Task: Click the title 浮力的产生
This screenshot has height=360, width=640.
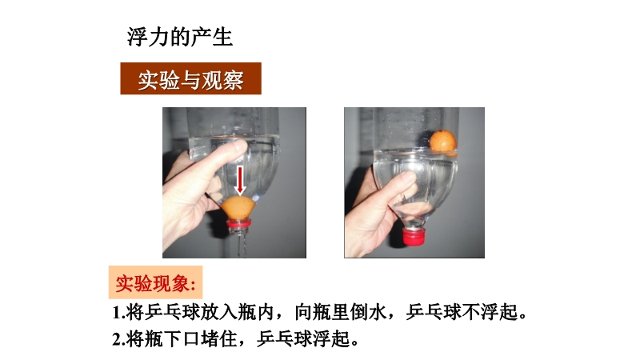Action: coord(179,37)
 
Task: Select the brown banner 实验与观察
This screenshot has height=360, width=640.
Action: coord(190,78)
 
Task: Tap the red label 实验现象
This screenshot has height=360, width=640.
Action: coord(155,282)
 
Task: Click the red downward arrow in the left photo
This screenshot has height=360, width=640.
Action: coord(240,180)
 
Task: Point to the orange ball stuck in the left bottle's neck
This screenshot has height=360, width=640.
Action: coord(238,208)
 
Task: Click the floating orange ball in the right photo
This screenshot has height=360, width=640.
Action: coord(443,142)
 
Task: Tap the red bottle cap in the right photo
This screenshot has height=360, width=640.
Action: coord(414,236)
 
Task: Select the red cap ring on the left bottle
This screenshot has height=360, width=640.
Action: coord(239,224)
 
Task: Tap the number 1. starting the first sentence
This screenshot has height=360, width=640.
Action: coord(118,313)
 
